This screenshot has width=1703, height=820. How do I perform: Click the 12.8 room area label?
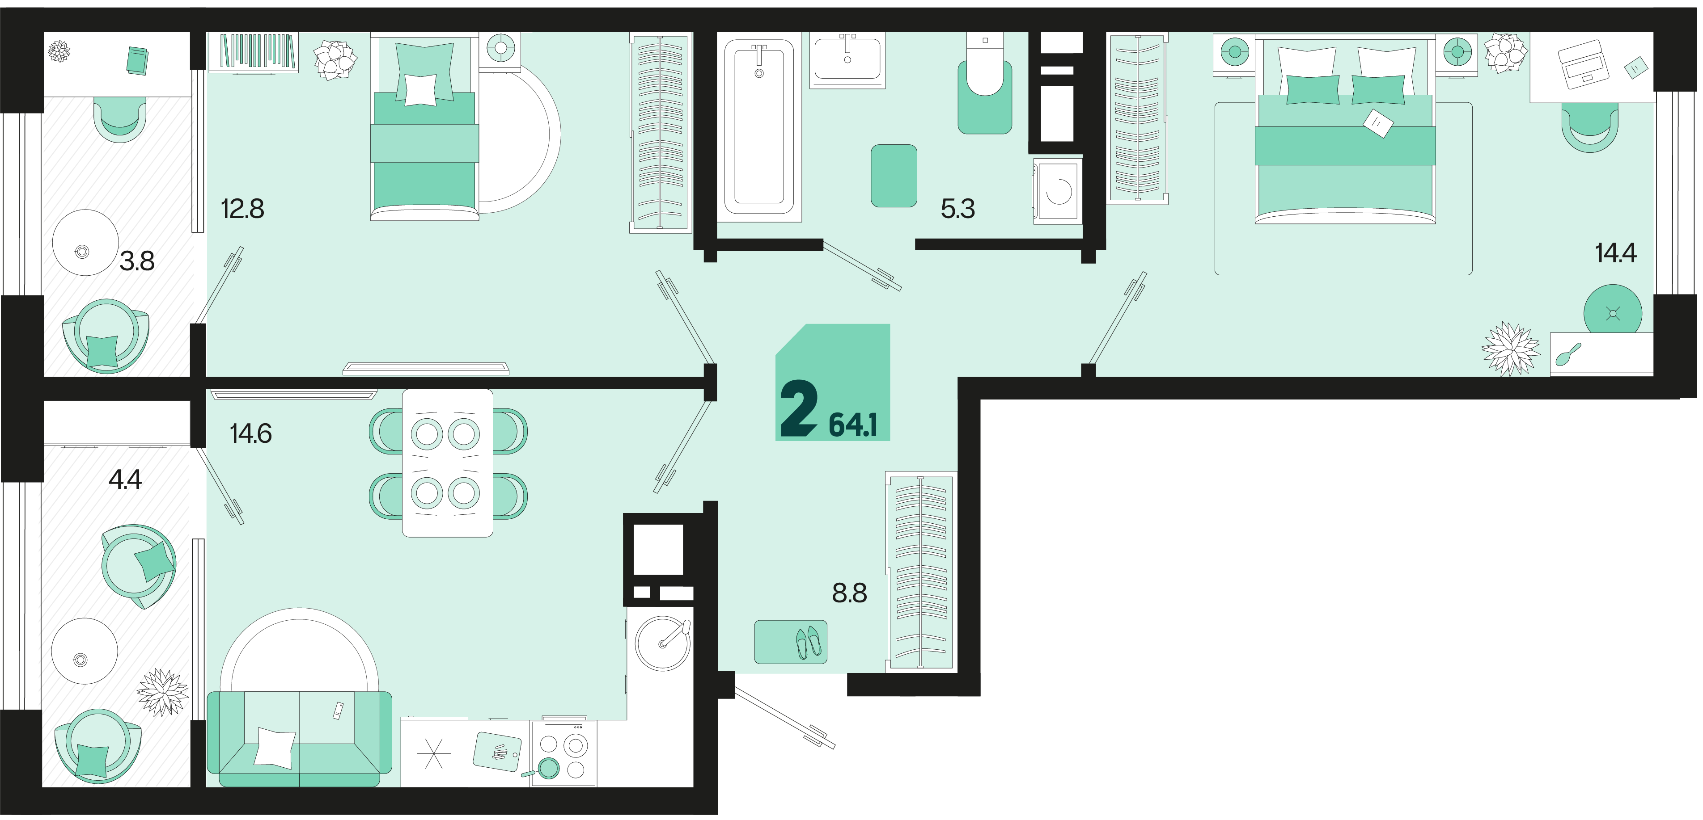[243, 209]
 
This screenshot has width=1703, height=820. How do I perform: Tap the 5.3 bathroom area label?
[957, 209]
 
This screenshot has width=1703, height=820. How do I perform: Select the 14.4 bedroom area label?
[1616, 253]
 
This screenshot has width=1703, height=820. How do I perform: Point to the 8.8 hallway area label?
[850, 593]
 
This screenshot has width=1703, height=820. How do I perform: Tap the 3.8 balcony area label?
[137, 261]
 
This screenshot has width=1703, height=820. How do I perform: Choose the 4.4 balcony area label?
[125, 479]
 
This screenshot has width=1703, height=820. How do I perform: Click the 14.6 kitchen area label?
[250, 433]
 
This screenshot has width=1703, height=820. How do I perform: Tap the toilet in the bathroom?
[985, 83]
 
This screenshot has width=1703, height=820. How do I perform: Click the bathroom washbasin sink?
[847, 59]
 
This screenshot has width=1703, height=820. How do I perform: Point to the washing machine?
[1058, 191]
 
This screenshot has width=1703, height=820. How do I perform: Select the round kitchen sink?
[662, 643]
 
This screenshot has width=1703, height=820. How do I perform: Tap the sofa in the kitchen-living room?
[300, 739]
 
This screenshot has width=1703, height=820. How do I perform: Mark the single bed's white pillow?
[420, 90]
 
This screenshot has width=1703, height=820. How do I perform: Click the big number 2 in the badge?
[799, 409]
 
